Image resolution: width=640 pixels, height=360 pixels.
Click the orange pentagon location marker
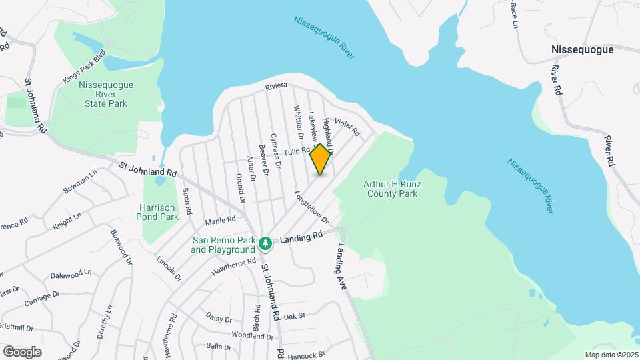tap(321, 159)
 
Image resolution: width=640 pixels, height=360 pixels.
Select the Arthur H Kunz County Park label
tap(391, 189)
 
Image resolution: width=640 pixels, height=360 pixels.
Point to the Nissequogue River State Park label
tap(106, 94)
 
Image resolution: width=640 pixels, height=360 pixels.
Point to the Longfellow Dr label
tap(311, 208)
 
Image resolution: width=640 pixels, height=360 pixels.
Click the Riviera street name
tap(276, 86)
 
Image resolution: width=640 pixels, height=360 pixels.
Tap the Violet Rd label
tap(347, 125)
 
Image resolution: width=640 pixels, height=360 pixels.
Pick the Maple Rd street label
tap(221, 219)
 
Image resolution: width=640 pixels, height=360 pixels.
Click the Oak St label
tap(294, 316)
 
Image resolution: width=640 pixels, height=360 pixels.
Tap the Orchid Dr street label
tap(241, 189)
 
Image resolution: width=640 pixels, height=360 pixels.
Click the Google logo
tap(22, 351)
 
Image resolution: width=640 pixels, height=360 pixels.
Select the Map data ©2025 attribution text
tap(611, 355)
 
